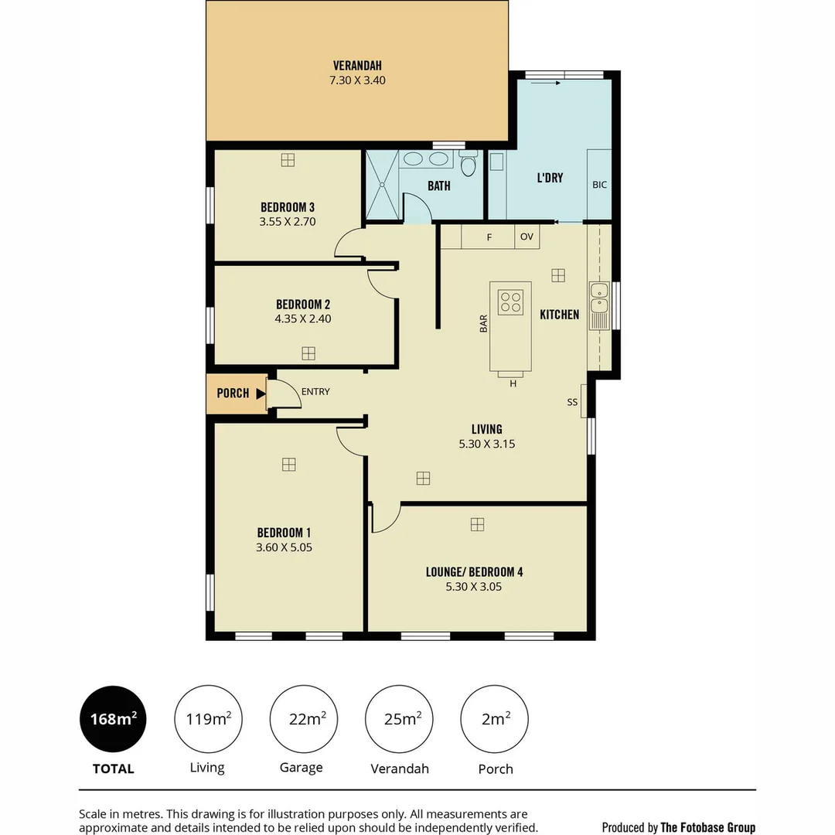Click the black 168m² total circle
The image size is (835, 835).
[113, 719]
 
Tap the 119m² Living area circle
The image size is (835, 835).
[208, 719]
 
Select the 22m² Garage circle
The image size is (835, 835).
[302, 719]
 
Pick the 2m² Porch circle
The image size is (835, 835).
[496, 719]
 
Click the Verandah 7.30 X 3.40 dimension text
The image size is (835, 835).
[357, 79]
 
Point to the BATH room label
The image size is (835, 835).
[439, 186]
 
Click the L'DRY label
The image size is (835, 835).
[550, 178]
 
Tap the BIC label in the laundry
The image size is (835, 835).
[599, 185]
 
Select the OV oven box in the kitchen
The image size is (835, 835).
[527, 237]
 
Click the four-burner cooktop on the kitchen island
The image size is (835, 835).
[510, 301]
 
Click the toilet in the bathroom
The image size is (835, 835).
[468, 165]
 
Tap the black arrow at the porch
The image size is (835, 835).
[261, 394]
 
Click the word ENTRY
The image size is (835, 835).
[315, 392]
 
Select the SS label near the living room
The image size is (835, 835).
[572, 402]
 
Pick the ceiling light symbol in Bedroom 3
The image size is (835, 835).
[288, 160]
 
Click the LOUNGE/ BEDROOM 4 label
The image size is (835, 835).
[474, 572]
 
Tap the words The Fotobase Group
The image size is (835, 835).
[707, 827]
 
